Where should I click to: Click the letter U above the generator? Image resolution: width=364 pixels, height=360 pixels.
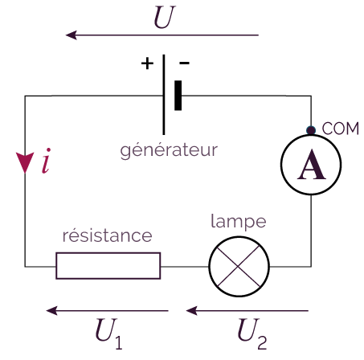point(164,17)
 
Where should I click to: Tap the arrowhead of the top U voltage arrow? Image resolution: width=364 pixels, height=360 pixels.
point(72,35)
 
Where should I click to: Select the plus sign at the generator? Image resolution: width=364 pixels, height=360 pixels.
point(147,63)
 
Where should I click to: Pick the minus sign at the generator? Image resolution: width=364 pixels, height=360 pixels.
point(184,63)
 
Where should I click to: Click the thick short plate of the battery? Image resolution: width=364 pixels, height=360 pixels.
point(178,96)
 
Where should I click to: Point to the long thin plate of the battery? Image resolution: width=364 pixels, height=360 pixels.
point(164,95)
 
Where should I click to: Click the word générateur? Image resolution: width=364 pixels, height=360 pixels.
point(169,150)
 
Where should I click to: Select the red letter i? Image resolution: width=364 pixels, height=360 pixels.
point(46,161)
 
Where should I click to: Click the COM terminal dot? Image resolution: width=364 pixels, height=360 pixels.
point(311,130)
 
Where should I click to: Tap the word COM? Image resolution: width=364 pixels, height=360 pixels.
point(340,129)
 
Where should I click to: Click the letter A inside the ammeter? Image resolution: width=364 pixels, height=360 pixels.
point(312,165)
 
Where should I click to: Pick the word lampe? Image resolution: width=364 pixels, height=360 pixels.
point(239,222)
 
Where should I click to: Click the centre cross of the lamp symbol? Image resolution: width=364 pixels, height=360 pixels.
point(238,266)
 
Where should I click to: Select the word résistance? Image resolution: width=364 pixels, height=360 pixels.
point(107,235)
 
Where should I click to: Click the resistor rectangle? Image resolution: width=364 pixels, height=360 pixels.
point(108,252)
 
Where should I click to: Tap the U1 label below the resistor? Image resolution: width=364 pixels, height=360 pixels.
point(108,333)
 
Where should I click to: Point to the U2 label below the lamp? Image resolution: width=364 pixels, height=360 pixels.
point(252,333)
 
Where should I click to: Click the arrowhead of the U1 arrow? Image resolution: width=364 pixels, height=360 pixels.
point(51,311)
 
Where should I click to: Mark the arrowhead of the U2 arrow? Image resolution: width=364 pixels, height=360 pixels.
point(191,311)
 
